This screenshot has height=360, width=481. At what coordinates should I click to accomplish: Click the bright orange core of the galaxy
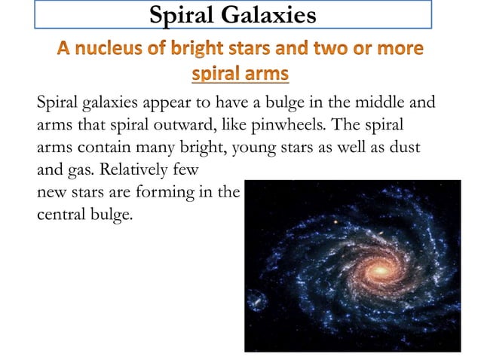[379, 268]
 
